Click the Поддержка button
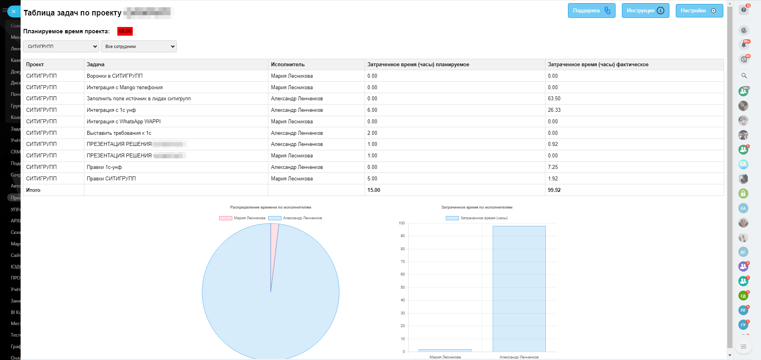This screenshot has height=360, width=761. click(x=591, y=11)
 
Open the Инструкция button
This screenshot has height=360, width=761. click(x=645, y=11)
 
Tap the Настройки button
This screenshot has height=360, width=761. click(x=699, y=11)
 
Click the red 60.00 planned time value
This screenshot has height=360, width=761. click(x=125, y=31)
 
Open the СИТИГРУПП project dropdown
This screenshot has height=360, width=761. click(x=61, y=46)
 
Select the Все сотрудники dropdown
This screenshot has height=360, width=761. click(x=138, y=46)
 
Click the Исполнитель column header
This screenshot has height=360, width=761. click(x=288, y=65)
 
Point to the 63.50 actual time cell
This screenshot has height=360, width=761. click(x=554, y=99)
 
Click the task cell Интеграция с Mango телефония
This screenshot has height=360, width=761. click(x=124, y=87)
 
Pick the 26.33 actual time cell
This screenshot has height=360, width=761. click(x=554, y=110)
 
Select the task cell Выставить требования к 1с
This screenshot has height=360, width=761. click(x=119, y=133)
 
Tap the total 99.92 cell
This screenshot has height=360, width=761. click(x=554, y=190)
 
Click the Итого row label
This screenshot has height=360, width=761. click(x=33, y=190)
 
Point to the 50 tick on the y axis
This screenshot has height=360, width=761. click(x=403, y=287)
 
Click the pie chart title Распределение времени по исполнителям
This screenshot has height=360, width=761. click(x=271, y=207)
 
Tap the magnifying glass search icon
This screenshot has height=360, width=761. click(x=744, y=76)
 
